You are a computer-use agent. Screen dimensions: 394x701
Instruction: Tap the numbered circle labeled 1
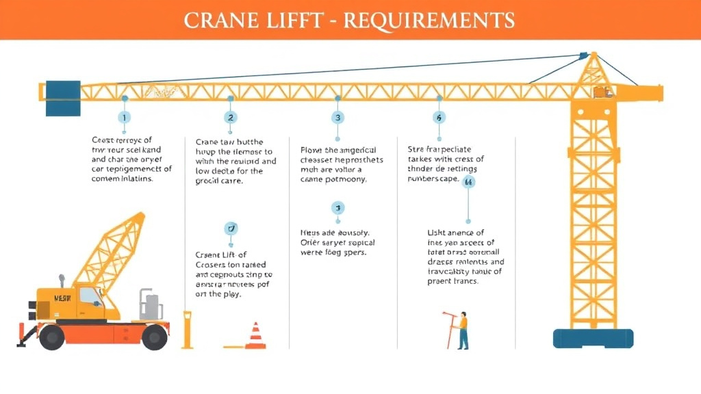[x=124, y=118]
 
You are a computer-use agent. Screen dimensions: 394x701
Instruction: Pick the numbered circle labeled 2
[x=230, y=118]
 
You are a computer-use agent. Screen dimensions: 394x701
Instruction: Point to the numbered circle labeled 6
[x=439, y=118]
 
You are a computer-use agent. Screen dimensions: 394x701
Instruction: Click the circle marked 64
[x=469, y=182]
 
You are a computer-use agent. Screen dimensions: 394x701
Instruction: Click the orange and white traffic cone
[x=255, y=336]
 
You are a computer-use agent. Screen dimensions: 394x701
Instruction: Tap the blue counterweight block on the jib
[x=63, y=98]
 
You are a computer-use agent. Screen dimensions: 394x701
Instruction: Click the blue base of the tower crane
[x=593, y=338]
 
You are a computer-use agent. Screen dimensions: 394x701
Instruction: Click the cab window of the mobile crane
[x=88, y=296]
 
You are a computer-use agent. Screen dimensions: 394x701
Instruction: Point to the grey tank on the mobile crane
[x=151, y=306]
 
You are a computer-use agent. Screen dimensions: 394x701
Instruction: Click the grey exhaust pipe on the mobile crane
[x=62, y=280]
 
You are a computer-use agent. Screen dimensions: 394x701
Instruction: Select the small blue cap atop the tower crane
[x=583, y=55]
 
